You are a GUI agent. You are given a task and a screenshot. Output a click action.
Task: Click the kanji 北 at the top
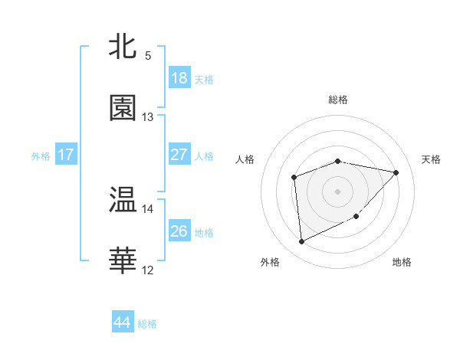123,47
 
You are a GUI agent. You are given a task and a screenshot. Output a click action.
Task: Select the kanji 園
123,109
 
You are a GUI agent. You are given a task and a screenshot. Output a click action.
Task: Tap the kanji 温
123,201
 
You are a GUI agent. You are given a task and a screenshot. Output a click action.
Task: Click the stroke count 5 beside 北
148,56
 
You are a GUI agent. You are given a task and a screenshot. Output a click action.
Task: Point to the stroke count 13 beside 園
148,117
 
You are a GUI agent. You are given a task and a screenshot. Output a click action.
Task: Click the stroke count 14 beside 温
148,208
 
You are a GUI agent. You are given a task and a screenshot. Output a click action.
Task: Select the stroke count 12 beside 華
148,270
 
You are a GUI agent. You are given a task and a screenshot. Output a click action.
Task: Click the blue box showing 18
179,78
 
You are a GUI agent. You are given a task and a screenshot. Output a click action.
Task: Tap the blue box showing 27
179,155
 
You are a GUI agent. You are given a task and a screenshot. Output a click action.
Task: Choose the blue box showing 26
179,231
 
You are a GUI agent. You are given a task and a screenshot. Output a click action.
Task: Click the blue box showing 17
66,155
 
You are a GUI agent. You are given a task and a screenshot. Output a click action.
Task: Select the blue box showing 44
123,322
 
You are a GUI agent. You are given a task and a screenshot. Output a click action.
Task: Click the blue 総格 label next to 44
147,324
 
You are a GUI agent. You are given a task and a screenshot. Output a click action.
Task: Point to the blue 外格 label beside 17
41,156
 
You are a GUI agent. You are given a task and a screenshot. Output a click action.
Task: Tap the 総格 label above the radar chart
338,100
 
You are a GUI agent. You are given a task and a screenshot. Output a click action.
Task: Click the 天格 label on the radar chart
431,159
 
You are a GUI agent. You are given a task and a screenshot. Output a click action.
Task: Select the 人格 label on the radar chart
245,159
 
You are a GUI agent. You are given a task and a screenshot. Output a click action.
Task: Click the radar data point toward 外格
301,242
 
